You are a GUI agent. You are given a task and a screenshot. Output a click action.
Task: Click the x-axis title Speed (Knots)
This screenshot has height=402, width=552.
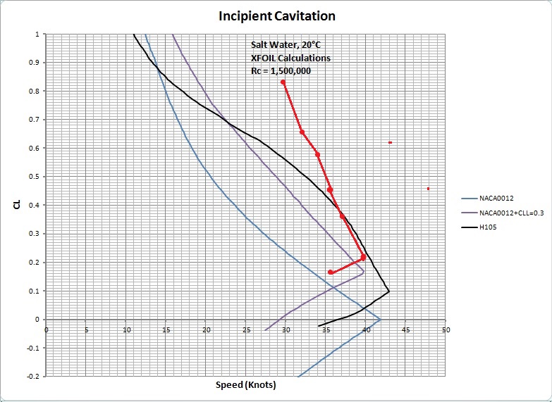pos(245,386)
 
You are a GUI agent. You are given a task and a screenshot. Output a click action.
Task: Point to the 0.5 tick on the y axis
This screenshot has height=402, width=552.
pos(36,177)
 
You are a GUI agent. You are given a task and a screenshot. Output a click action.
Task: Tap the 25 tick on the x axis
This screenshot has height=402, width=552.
pos(246,329)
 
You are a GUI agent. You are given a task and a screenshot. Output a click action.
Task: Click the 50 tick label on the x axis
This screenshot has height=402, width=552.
pos(446,329)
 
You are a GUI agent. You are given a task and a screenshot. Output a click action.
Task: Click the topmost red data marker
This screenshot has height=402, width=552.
pos(283,82)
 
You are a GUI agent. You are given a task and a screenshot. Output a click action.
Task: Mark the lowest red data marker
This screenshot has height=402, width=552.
pos(330,272)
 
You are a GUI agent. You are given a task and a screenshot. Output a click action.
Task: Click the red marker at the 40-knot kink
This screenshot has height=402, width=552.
pos(363,258)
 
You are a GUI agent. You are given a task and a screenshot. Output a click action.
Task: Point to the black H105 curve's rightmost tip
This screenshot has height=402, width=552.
pos(388,291)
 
